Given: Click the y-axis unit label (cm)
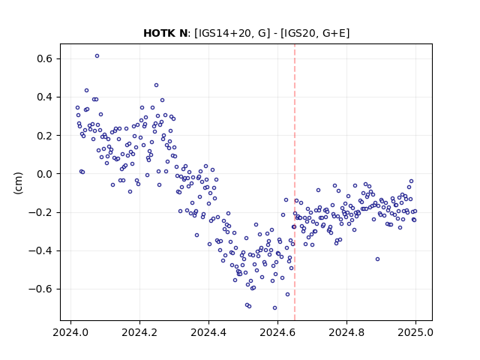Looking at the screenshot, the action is (18, 183).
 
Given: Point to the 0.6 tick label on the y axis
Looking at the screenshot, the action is (45, 58).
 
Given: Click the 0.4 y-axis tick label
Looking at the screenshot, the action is (45, 97).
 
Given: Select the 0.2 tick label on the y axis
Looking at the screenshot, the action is (45, 136).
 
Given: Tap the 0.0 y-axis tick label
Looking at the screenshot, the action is (45, 174).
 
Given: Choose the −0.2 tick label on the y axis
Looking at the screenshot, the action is (41, 212).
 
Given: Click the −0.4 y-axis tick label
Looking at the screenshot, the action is (41, 250).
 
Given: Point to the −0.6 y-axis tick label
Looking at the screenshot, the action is (41, 289).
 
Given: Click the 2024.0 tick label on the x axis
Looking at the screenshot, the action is (70, 332).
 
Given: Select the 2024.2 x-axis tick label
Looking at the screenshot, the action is (139, 332).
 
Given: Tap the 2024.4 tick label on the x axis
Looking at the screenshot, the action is (208, 332).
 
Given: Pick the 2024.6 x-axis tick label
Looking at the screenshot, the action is (277, 332).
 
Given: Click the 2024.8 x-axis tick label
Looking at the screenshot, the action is (346, 332).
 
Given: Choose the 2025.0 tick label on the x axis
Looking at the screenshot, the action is (415, 332).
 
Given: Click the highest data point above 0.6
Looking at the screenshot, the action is (97, 56).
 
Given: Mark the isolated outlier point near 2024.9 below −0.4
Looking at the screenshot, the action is (377, 259).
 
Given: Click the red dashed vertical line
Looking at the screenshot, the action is (295, 182).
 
